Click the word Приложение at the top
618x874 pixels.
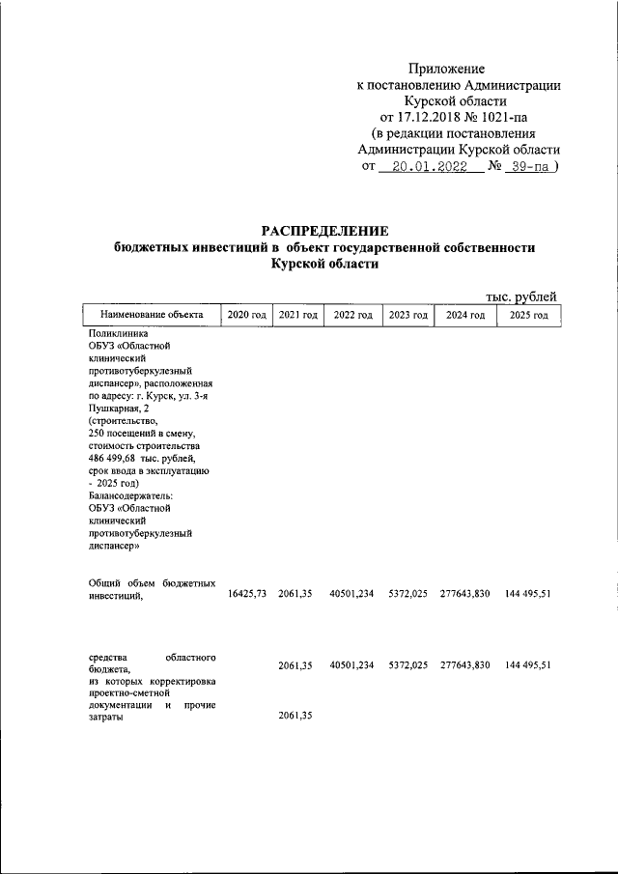pyautogui.click(x=446, y=69)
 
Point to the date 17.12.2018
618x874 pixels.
pyautogui.click(x=432, y=117)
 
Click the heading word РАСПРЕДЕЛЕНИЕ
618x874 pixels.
pyautogui.click(x=324, y=231)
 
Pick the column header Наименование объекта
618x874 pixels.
pyautogui.click(x=145, y=315)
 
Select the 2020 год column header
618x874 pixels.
pyautogui.click(x=246, y=315)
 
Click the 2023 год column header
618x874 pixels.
pyautogui.click(x=407, y=315)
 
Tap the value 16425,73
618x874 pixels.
pyautogui.click(x=246, y=594)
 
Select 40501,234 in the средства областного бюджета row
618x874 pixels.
pyautogui.click(x=352, y=665)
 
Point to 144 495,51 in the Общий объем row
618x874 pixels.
pyautogui.click(x=527, y=594)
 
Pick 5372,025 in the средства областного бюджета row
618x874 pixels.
pyautogui.click(x=407, y=665)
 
